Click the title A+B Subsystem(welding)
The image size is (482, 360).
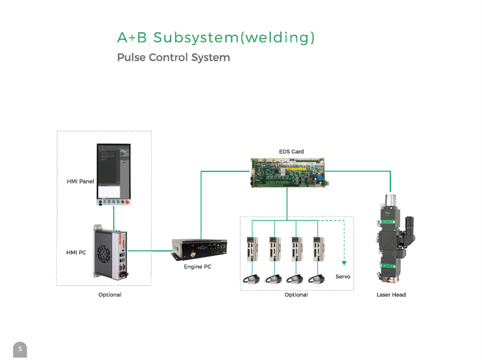[x=216, y=37]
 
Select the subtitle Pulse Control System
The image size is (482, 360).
[x=173, y=57]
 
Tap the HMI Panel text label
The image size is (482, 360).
[x=80, y=181]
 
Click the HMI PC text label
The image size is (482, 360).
[x=76, y=252]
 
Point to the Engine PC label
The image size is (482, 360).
[x=197, y=267]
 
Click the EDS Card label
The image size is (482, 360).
[x=291, y=152]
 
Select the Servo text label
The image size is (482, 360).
[x=343, y=276]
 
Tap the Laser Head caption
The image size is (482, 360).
[x=391, y=295]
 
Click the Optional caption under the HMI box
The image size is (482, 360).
[x=110, y=295]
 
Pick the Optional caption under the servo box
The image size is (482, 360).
[x=296, y=295]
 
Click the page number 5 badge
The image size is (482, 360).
[x=20, y=349]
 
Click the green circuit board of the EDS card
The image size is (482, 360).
[x=288, y=173]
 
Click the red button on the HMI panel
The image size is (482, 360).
[x=127, y=202]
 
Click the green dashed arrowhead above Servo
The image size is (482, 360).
[x=344, y=263]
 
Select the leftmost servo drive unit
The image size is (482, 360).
[x=252, y=249]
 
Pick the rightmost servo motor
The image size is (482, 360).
[x=317, y=279]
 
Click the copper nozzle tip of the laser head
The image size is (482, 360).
[x=391, y=279]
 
